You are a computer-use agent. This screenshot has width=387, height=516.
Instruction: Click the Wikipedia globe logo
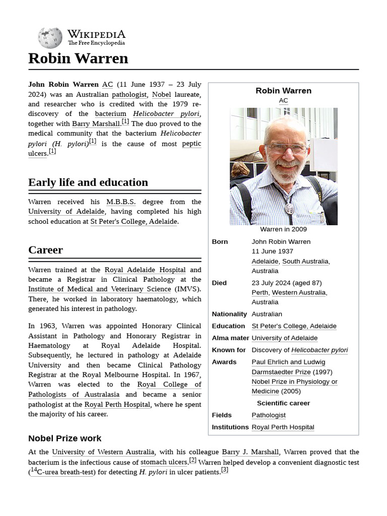50,38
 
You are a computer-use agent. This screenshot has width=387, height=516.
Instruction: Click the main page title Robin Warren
78,58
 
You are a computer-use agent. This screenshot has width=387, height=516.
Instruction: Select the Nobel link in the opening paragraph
161,94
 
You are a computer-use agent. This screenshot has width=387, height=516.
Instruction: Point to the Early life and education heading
88,182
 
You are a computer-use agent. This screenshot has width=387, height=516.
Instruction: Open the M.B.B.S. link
121,202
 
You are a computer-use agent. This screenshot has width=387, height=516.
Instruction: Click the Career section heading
45,250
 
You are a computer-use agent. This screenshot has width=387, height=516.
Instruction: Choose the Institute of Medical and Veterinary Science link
100,289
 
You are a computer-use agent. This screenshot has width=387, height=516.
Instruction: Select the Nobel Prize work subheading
64,438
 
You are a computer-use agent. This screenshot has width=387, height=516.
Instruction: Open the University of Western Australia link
103,452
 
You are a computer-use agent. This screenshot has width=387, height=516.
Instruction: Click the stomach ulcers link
164,462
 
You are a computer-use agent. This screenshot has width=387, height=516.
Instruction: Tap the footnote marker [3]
225,470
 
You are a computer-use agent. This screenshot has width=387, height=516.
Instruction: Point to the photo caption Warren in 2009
283,229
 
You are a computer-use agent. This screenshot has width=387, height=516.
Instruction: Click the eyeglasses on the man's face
286,149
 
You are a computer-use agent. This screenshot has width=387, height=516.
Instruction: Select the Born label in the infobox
220,242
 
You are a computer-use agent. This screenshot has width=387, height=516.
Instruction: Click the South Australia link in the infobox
305,262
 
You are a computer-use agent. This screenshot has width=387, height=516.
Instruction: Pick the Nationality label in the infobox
229,314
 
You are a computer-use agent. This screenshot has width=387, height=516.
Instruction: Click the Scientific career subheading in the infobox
283,403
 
